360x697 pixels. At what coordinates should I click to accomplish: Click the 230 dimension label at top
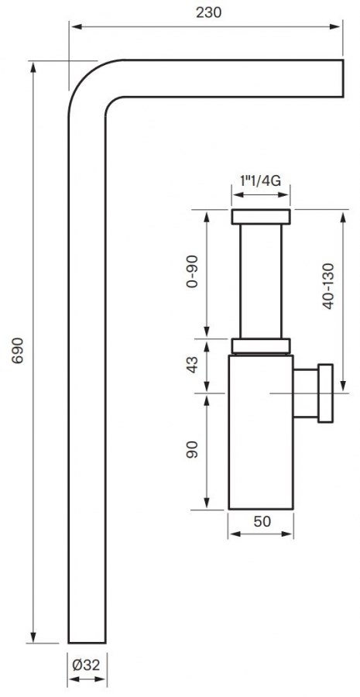207,12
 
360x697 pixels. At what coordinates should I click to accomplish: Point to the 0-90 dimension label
192,273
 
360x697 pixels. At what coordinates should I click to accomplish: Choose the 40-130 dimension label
328,287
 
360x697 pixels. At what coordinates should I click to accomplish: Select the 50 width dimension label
262,520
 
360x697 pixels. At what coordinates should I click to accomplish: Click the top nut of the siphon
261,217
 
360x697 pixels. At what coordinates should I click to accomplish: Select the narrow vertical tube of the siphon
261,280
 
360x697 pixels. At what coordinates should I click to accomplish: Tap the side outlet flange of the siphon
326,394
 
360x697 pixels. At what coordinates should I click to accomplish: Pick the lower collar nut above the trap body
261,346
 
